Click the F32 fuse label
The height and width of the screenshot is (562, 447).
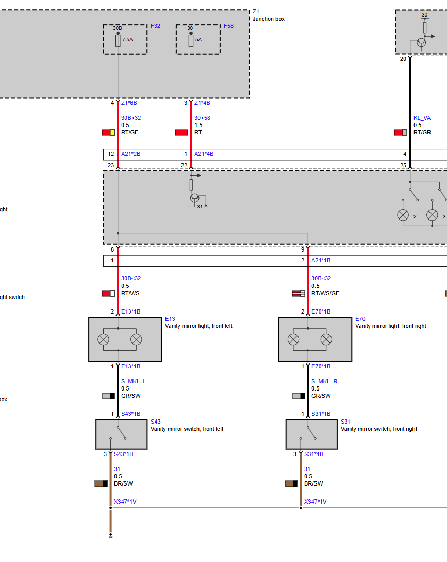pyautogui.click(x=155, y=26)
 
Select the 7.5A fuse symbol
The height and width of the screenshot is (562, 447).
pyautogui.click(x=118, y=40)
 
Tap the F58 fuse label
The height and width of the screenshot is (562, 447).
pyautogui.click(x=228, y=26)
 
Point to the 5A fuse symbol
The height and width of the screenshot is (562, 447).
pyautogui.click(x=191, y=40)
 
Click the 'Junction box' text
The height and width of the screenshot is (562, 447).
pyautogui.click(x=269, y=19)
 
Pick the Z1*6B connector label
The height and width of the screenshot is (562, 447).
pyautogui.click(x=129, y=103)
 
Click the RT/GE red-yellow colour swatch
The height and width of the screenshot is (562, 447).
pyautogui.click(x=108, y=132)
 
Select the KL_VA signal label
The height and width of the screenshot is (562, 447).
pyautogui.click(x=422, y=118)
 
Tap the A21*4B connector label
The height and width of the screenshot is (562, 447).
pyautogui.click(x=204, y=154)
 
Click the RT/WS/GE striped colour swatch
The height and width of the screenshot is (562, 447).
pyautogui.click(x=298, y=293)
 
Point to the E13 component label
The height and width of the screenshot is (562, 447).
pyautogui.click(x=170, y=319)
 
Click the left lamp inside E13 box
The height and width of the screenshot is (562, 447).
pyautogui.click(x=103, y=339)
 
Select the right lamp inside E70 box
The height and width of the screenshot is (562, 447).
pyautogui.click(x=326, y=339)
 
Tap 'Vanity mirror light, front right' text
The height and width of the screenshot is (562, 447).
pyautogui.click(x=390, y=326)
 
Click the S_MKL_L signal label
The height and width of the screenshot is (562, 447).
pyautogui.click(x=134, y=381)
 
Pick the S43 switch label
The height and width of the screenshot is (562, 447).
pyautogui.click(x=156, y=422)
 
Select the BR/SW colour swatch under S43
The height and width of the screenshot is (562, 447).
pyautogui.click(x=101, y=484)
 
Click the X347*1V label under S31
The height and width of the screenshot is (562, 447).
pyautogui.click(x=315, y=502)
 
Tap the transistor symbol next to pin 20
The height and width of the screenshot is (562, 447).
pyautogui.click(x=421, y=43)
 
